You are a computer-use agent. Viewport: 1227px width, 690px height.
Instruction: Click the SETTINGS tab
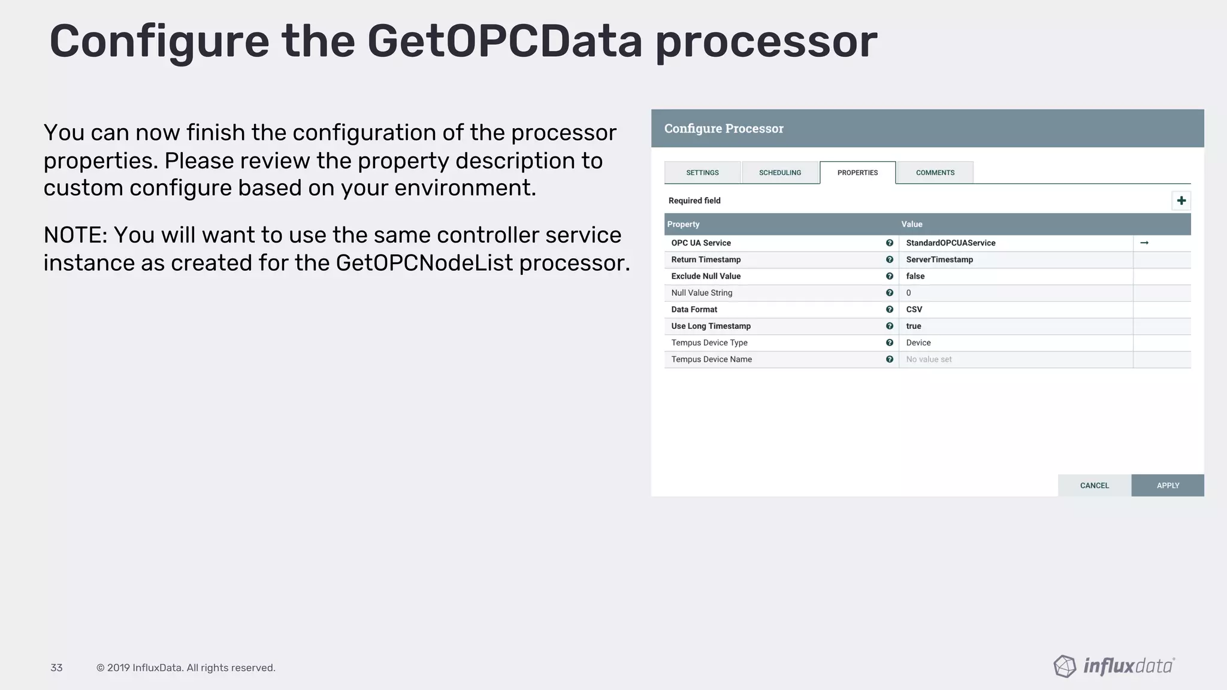(x=702, y=172)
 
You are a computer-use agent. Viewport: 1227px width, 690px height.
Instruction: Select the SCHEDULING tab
(x=779, y=172)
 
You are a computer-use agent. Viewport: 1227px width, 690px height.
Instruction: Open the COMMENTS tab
(x=935, y=172)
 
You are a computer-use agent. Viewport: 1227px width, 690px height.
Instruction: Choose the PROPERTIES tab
(x=857, y=172)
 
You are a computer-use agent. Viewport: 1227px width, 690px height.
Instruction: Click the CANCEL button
(x=1094, y=485)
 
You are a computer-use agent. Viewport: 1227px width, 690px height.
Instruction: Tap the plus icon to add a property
(x=1181, y=201)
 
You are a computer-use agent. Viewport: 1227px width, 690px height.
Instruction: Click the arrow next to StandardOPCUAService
(x=1144, y=243)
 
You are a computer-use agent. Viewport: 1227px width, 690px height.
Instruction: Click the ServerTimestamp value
(x=939, y=259)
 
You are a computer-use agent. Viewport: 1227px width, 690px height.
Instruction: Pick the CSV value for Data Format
(x=914, y=309)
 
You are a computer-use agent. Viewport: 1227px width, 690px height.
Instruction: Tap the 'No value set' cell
(x=929, y=359)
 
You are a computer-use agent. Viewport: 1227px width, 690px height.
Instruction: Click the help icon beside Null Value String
(x=889, y=293)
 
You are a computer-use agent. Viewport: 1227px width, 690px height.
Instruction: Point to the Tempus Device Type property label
(x=709, y=343)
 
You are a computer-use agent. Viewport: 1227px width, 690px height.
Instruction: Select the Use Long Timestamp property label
(x=711, y=326)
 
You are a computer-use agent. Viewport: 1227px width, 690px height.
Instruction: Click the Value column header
(x=911, y=224)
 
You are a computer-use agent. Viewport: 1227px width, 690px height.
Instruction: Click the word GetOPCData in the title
(x=504, y=41)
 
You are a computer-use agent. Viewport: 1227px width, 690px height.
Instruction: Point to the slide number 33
(x=56, y=668)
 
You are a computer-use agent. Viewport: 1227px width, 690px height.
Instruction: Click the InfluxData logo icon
(x=1065, y=666)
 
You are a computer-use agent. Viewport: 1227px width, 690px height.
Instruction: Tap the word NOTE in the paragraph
(x=74, y=235)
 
